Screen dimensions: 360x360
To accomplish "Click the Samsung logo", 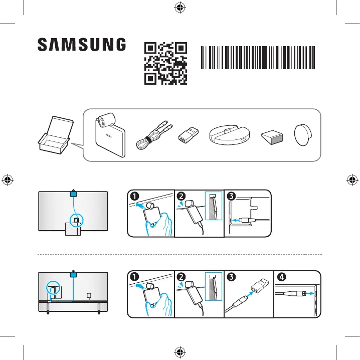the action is click(x=82, y=44).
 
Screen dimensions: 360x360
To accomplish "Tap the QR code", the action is click(x=165, y=63).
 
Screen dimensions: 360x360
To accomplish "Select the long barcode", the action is click(x=258, y=58).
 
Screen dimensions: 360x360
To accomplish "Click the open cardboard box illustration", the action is click(x=56, y=135).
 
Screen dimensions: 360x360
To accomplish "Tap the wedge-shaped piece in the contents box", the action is click(x=272, y=137).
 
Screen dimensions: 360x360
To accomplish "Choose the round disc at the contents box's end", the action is click(x=303, y=135).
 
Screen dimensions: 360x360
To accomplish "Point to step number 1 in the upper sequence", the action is click(x=134, y=197).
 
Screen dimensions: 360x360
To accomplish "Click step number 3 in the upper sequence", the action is click(x=231, y=197).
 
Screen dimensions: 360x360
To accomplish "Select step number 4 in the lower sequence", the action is click(x=282, y=277).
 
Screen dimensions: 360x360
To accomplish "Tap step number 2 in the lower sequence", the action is click(x=182, y=277).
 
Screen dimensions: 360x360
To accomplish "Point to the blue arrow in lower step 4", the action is click(x=310, y=293).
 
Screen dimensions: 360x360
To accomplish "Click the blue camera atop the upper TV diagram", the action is click(x=73, y=194).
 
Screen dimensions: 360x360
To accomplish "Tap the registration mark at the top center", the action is click(x=180, y=8).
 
